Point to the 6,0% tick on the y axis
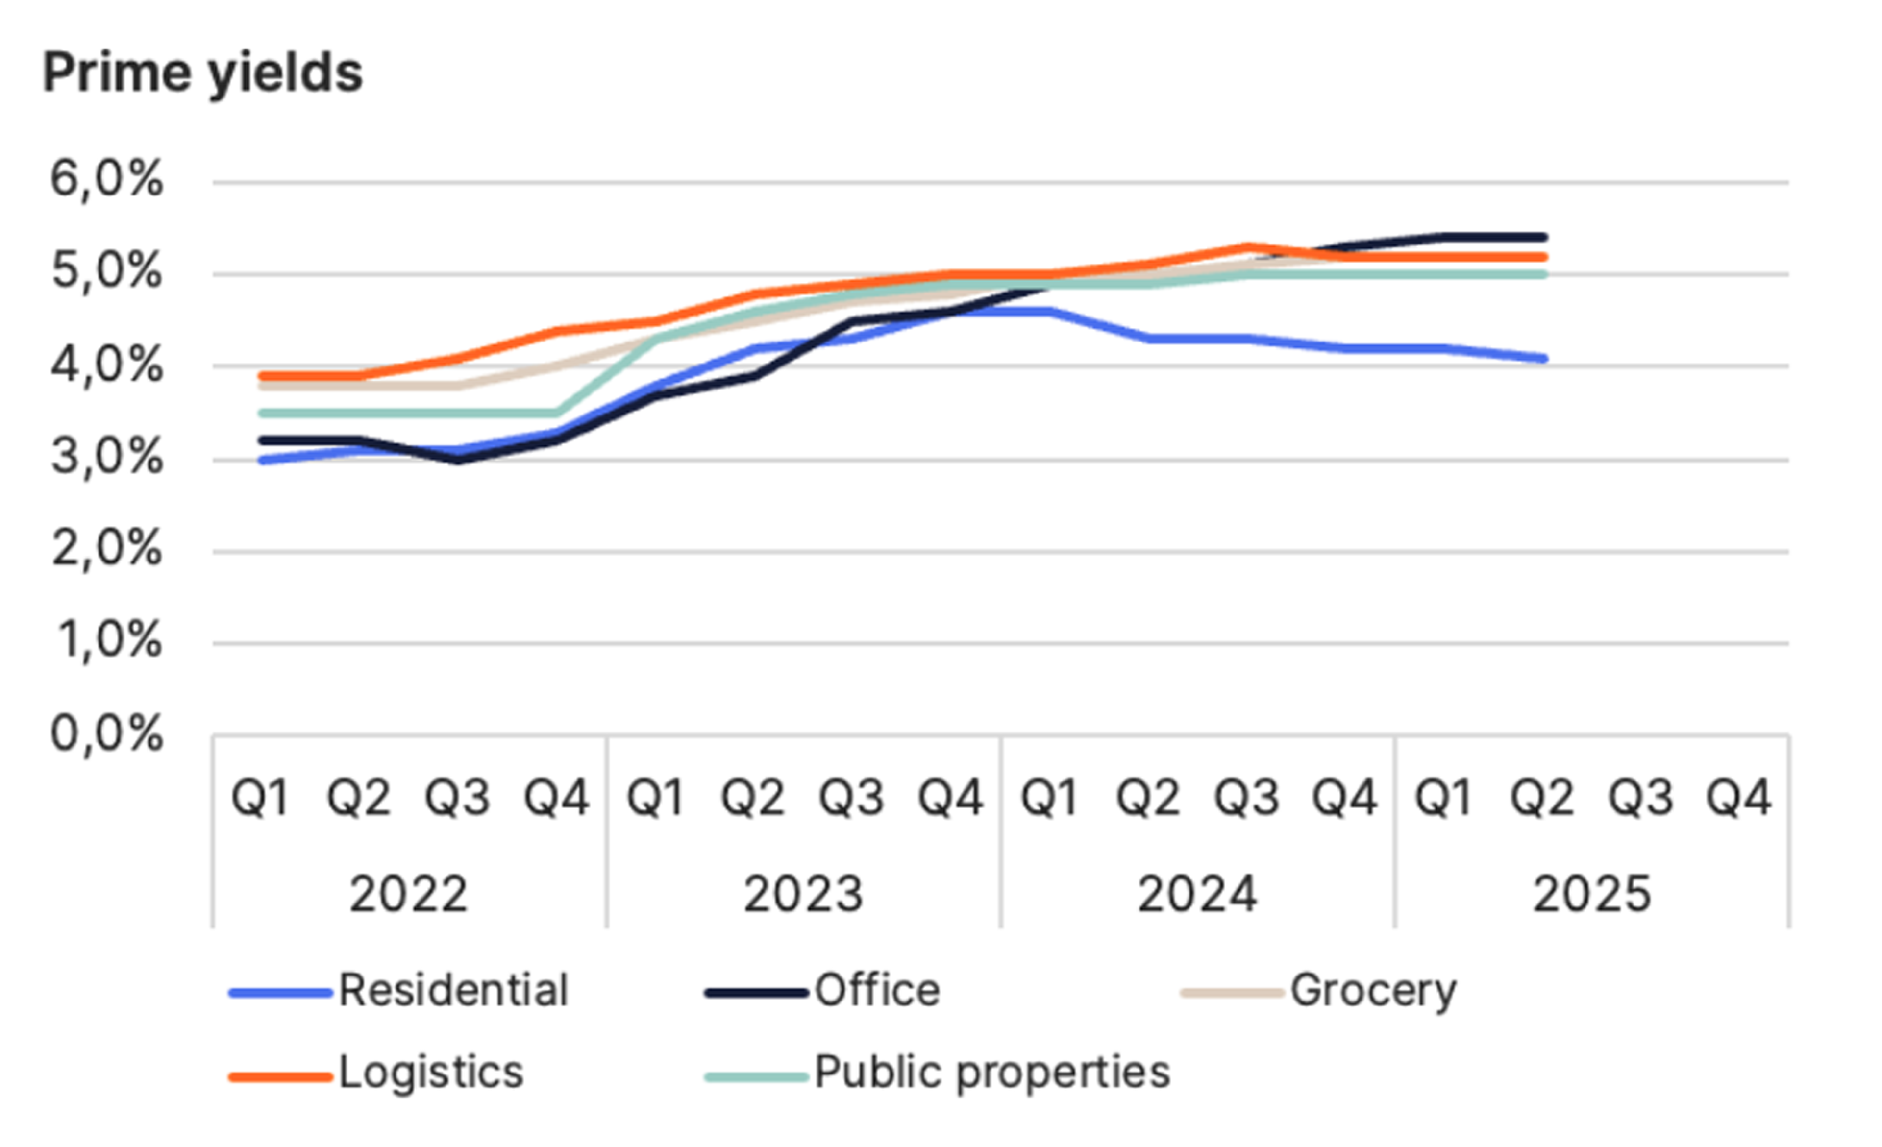pyautogui.click(x=107, y=181)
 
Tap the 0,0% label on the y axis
pyautogui.click(x=107, y=734)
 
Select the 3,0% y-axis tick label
pyautogui.click(x=107, y=458)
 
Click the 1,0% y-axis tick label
pyautogui.click(x=108, y=641)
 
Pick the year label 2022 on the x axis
pyautogui.click(x=409, y=894)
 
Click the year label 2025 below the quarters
pyautogui.click(x=1592, y=894)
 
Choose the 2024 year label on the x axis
pyautogui.click(x=1197, y=894)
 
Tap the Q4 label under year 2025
pyautogui.click(x=1738, y=799)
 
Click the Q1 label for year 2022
pyautogui.click(x=260, y=799)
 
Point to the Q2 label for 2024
pyautogui.click(x=1148, y=799)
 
